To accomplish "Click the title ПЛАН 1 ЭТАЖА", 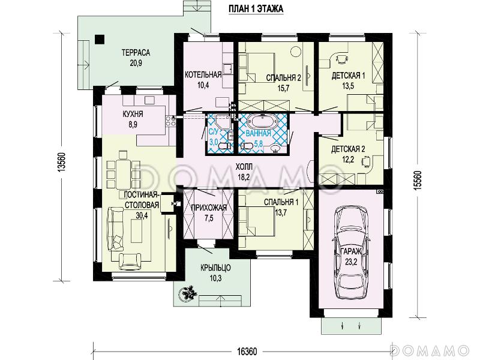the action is tap(256, 9).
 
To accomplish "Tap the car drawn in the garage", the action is tap(351, 252).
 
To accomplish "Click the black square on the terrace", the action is tap(99, 40).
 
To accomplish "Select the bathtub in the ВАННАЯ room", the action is tap(263, 122).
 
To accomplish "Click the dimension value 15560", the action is tap(418, 181).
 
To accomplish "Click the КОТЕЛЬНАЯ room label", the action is tap(203, 74).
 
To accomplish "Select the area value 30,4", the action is tap(142, 215).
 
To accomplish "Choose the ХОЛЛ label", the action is tap(244, 167).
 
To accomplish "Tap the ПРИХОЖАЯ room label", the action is tap(209, 208).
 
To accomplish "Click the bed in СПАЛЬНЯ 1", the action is tap(256, 221).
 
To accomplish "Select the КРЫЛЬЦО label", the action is tap(215, 268).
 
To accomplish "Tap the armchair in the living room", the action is tap(130, 262).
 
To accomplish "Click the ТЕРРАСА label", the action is tap(136, 53).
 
